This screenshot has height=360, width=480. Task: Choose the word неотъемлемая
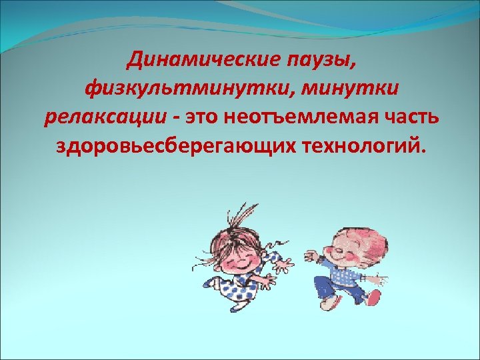301,117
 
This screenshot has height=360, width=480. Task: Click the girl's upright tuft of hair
235,212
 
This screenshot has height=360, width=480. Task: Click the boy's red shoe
375,297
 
